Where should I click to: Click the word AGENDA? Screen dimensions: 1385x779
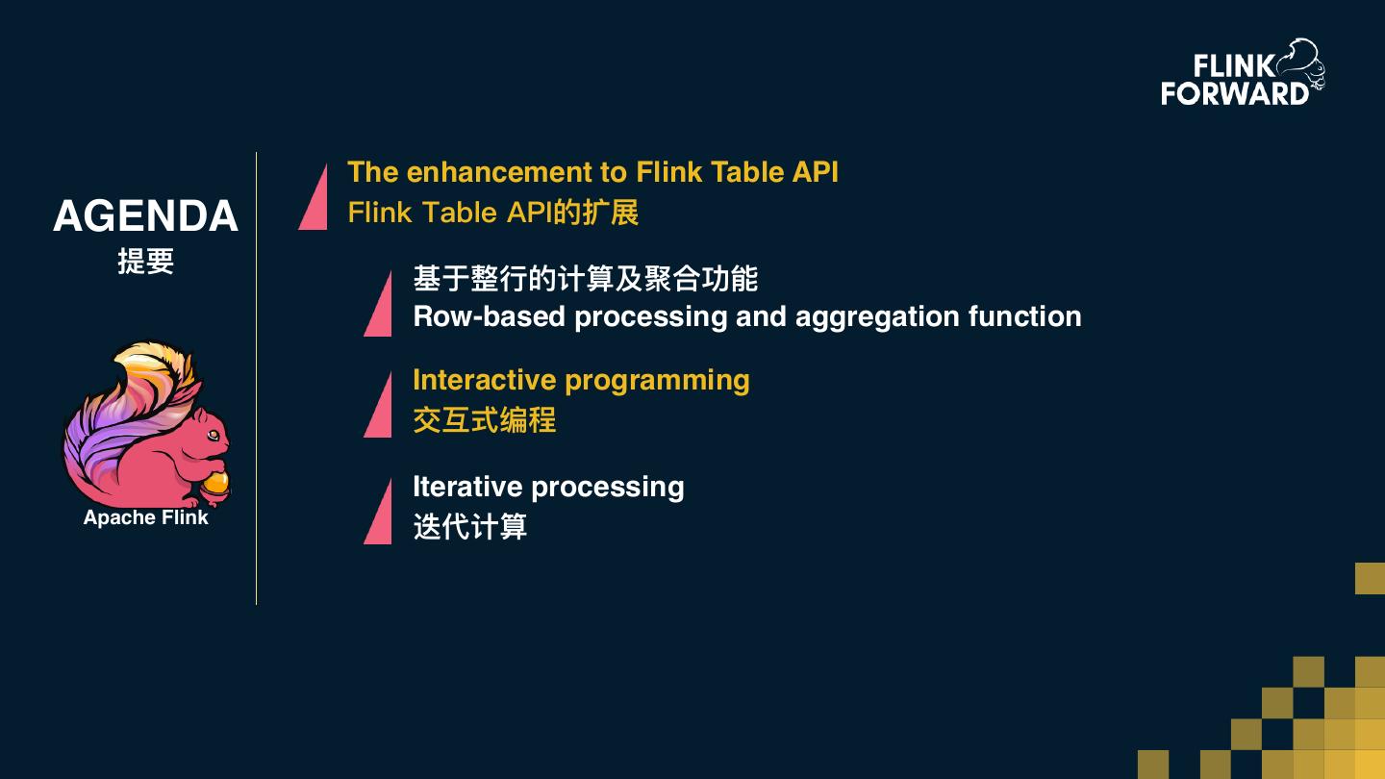145,215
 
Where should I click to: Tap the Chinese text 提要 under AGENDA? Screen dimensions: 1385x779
145,262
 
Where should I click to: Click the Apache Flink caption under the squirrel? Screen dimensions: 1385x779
145,517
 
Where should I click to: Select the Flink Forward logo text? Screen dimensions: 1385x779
1234,80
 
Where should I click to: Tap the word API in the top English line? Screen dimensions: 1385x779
815,172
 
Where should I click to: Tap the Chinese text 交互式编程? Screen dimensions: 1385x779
484,420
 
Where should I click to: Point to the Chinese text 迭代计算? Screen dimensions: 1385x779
469,527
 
